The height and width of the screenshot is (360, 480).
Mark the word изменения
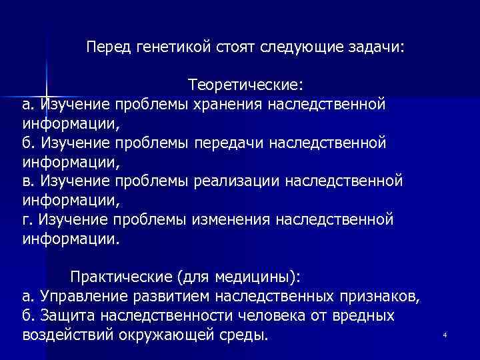pos(233,219)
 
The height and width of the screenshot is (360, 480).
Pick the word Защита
pos(63,315)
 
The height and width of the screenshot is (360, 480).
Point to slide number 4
pos(444,334)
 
